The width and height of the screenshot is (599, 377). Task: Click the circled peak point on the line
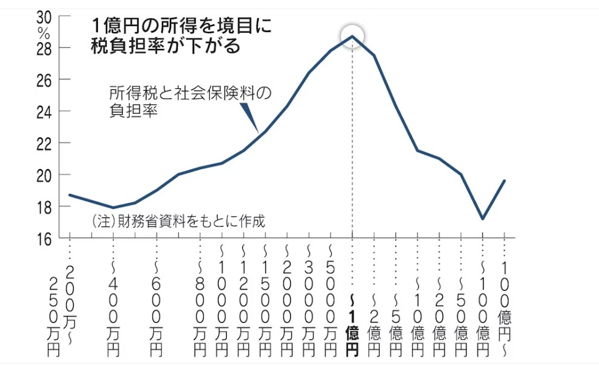(352, 36)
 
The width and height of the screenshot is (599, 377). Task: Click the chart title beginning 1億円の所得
(181, 36)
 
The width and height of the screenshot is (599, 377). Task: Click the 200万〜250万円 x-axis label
(63, 308)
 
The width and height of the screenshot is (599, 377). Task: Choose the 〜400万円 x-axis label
(113, 308)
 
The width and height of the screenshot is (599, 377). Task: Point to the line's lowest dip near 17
(482, 219)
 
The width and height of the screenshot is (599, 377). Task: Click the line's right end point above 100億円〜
(504, 181)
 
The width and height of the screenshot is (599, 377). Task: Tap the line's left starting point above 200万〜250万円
(70, 195)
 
